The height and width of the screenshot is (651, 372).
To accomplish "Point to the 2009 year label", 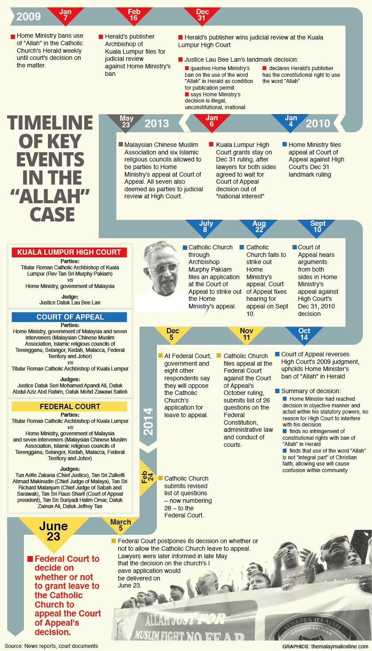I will click(x=28, y=17).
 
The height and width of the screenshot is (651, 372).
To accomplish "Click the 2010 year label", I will click(x=318, y=123).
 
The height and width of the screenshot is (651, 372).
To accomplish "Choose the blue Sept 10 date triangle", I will click(x=318, y=227).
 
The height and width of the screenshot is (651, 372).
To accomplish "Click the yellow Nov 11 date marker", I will click(x=246, y=335).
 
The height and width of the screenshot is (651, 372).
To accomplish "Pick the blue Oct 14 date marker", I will click(x=304, y=335).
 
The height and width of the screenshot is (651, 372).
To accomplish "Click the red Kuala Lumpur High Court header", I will click(x=69, y=252).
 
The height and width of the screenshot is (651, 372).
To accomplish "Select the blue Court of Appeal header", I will click(x=69, y=317).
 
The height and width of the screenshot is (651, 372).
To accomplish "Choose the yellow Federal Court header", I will click(x=69, y=406).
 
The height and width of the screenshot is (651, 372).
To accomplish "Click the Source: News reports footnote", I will click(x=51, y=646).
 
